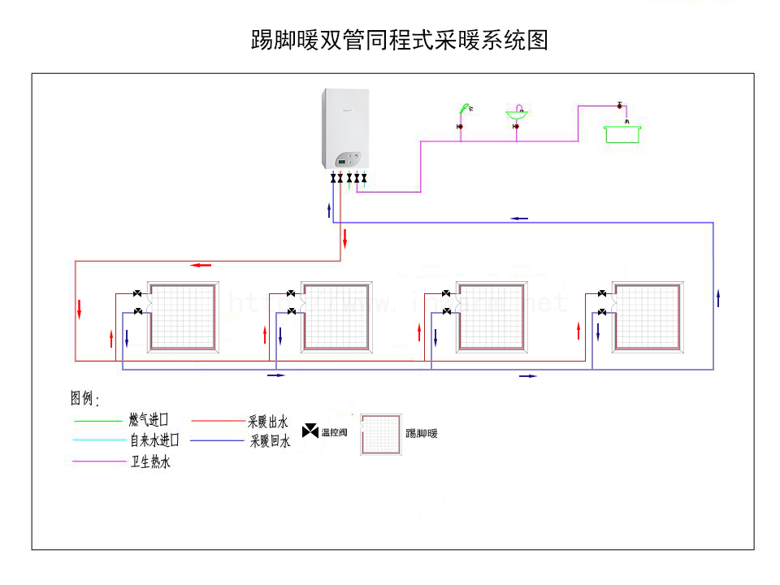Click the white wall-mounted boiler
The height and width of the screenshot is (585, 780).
(345, 130)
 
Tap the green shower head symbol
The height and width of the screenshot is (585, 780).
(464, 108)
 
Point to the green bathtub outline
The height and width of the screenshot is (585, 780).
(623, 133)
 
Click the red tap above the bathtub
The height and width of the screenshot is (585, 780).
(620, 106)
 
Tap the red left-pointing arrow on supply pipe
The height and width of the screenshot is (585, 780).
(201, 265)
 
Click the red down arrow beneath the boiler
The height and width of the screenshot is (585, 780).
(345, 239)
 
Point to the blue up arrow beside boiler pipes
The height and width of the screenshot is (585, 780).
(320, 210)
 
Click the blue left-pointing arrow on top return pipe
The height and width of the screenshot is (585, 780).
(519, 219)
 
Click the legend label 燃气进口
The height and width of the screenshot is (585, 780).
(149, 421)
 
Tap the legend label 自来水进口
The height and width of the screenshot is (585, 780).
(154, 441)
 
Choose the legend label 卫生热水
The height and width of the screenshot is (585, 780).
(150, 462)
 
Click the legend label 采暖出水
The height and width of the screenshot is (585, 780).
(268, 422)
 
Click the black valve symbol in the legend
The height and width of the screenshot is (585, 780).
(310, 431)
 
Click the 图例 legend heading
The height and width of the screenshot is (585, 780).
(84, 399)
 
